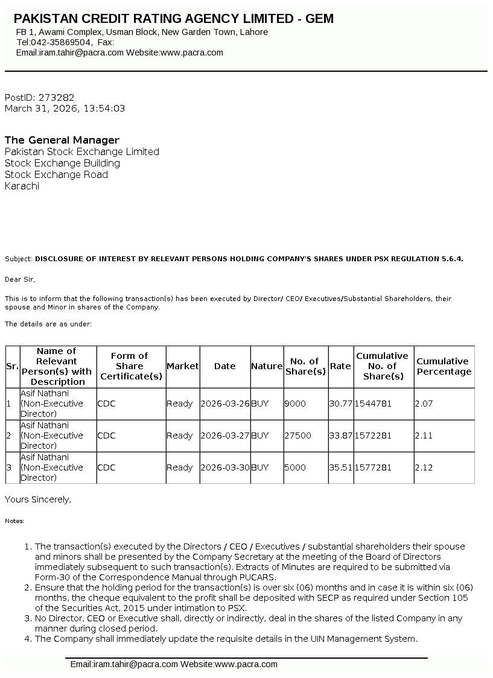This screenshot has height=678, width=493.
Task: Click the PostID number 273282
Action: (56, 97)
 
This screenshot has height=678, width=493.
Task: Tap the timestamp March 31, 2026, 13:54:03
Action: (65, 109)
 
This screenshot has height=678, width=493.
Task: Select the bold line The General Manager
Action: (62, 140)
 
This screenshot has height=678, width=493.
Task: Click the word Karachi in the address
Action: (22, 186)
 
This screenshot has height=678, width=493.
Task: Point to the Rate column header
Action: (340, 366)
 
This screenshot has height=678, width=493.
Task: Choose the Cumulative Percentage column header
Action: (444, 366)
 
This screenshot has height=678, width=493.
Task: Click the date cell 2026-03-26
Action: (224, 404)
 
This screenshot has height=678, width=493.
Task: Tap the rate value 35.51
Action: (340, 467)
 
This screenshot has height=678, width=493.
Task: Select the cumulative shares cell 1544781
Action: (373, 404)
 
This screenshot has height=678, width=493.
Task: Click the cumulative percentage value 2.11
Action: (424, 436)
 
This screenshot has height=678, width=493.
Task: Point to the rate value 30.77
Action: (340, 404)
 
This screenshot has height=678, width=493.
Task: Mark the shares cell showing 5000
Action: (295, 467)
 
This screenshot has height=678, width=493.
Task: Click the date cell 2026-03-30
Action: (224, 467)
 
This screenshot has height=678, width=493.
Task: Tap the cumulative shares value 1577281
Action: (373, 467)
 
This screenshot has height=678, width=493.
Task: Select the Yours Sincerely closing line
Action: (38, 499)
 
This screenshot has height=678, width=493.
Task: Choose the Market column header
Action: (182, 366)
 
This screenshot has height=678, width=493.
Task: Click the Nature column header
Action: (267, 366)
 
